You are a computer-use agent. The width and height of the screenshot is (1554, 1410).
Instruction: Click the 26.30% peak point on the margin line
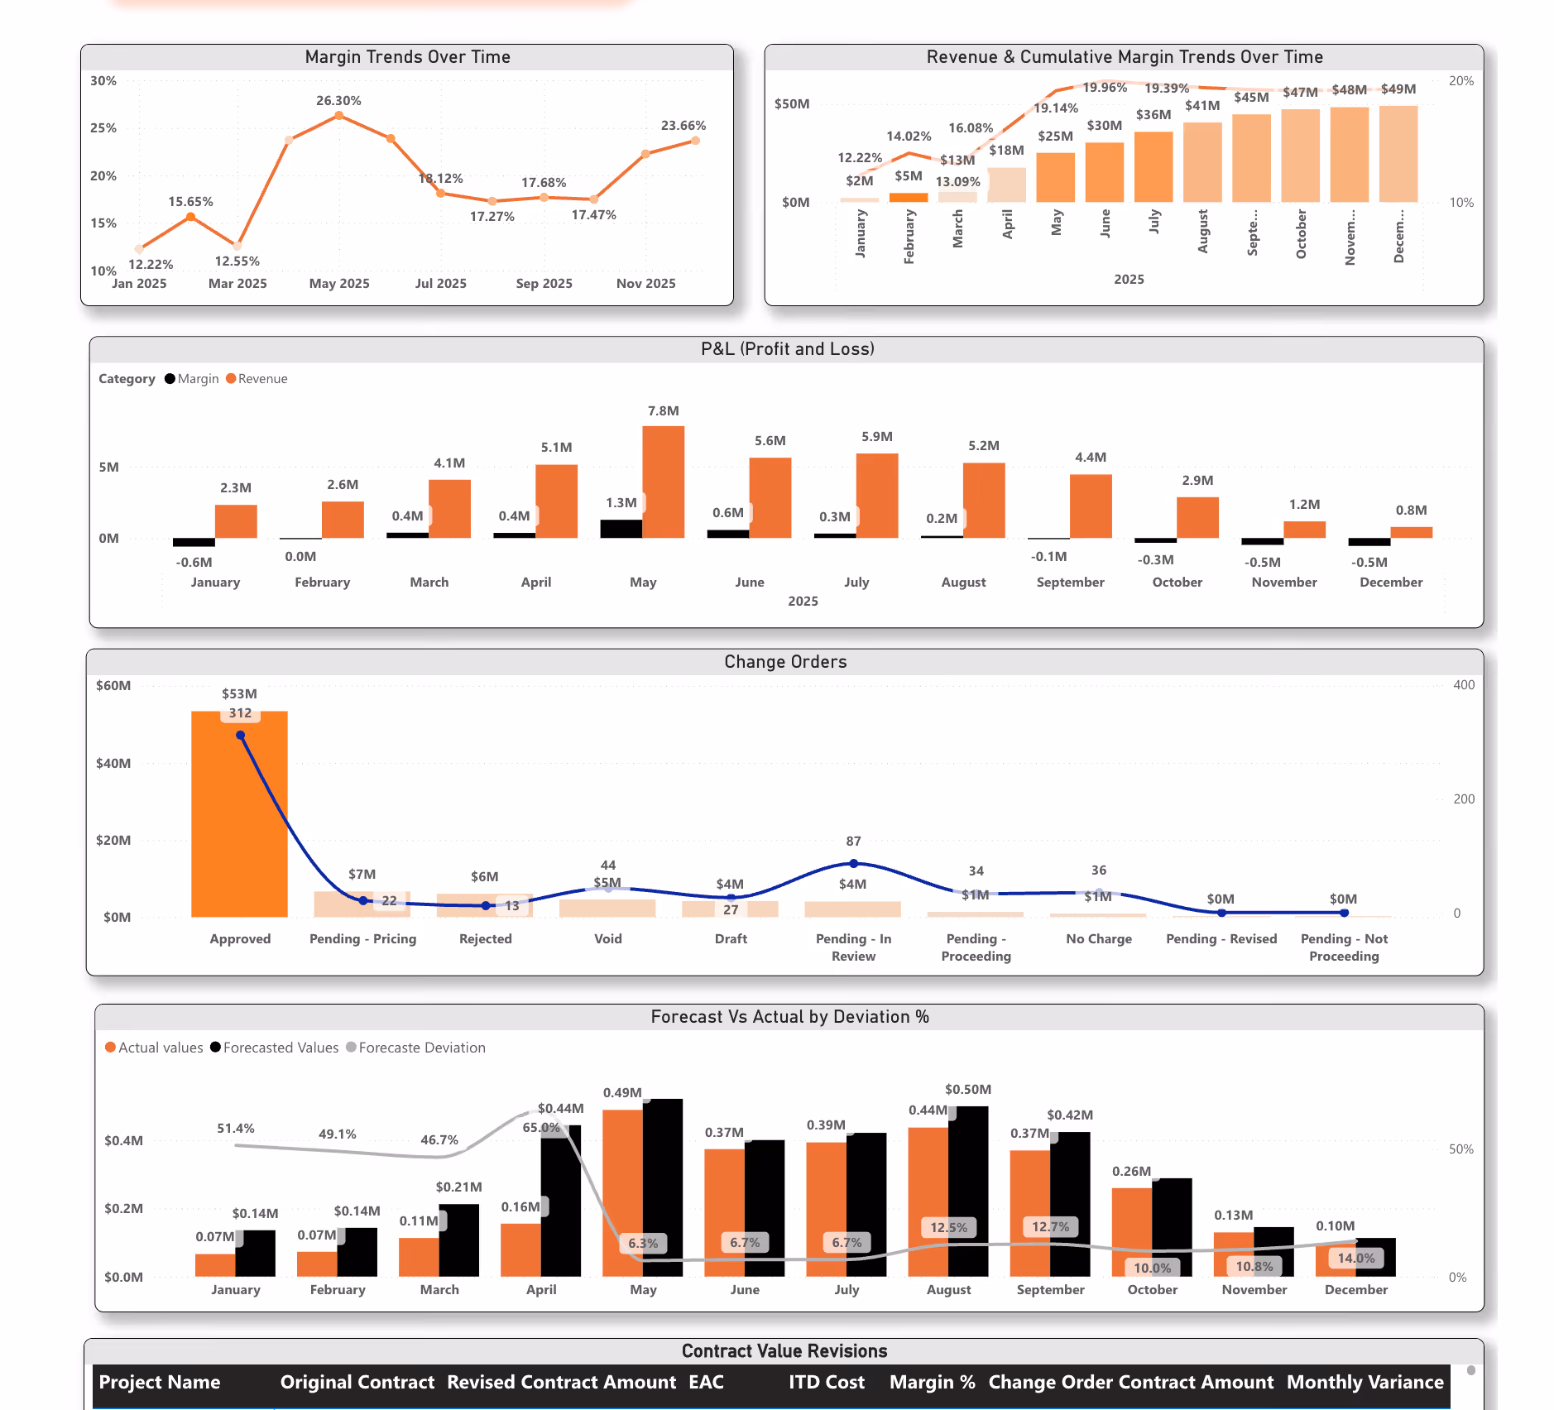(339, 116)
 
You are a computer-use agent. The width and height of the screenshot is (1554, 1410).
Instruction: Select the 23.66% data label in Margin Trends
(683, 126)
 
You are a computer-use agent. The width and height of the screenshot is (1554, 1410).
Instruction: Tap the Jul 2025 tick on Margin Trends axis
(440, 283)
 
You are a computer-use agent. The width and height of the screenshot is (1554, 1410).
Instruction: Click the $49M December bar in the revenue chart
(1398, 154)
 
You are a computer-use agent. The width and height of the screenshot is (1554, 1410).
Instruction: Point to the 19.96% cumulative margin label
(1105, 88)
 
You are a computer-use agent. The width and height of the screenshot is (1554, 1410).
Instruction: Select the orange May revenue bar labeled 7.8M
(663, 482)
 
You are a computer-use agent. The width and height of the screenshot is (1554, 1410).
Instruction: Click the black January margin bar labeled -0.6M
(194, 543)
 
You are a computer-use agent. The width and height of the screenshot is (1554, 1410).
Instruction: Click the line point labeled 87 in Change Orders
(853, 863)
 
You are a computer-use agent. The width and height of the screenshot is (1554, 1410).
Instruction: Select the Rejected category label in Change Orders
(485, 939)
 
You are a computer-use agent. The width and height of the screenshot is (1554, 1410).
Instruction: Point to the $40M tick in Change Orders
(113, 763)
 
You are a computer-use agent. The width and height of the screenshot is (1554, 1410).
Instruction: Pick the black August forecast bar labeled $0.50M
(968, 1191)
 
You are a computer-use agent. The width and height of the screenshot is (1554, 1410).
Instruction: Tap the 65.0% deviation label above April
(541, 1128)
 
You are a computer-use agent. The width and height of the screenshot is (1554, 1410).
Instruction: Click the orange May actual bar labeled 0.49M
(622, 1192)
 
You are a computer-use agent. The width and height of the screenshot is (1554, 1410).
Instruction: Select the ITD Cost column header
(826, 1383)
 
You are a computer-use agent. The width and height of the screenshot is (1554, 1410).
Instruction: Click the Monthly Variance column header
(1365, 1383)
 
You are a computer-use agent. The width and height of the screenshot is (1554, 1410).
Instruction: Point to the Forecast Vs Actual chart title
(789, 1017)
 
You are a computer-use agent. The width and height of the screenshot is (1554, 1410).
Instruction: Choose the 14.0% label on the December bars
(1355, 1258)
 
